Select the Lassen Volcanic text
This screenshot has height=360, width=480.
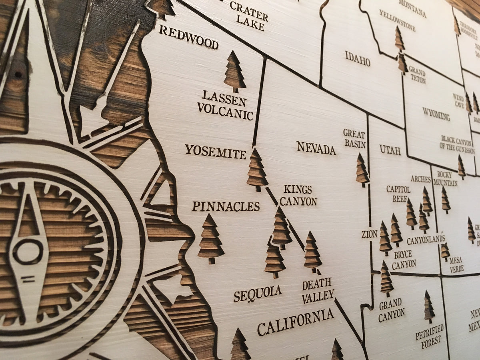227,105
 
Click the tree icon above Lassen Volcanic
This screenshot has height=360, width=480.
234,72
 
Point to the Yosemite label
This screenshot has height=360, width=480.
215,151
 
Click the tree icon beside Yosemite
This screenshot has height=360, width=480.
257,170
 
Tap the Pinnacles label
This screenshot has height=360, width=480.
226,206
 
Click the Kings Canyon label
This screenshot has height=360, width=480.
298,195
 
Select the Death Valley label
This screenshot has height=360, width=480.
318,290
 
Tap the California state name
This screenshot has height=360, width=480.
295,322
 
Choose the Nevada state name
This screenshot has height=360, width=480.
316,148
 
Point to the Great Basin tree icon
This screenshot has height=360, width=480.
362,170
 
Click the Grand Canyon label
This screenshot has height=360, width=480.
391,310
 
